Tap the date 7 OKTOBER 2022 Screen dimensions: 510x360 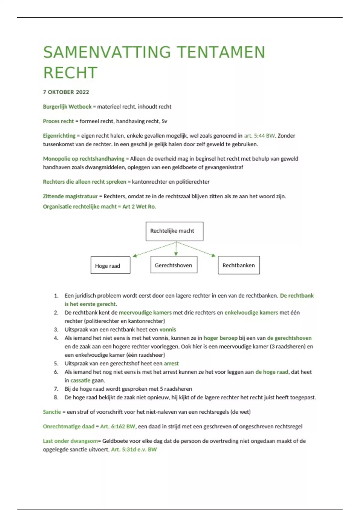[66, 92]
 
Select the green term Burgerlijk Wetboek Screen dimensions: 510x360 [67, 106]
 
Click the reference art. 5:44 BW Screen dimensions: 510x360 [259, 136]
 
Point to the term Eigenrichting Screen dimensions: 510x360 [59, 136]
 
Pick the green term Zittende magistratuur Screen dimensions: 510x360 [70, 196]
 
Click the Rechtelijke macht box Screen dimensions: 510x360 [174, 231]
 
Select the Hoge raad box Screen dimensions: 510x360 [110, 265]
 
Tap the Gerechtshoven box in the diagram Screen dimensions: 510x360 [174, 265]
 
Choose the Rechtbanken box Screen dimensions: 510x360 [239, 265]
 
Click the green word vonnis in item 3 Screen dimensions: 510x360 [168, 329]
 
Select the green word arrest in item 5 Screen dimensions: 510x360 [171, 363]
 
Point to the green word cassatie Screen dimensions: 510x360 [80, 380]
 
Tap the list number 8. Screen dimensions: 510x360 [56, 397]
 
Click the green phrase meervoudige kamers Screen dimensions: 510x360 [145, 313]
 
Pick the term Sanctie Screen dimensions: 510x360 [52, 412]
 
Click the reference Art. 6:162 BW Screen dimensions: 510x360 [118, 426]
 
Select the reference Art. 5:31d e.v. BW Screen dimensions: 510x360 [134, 449]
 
